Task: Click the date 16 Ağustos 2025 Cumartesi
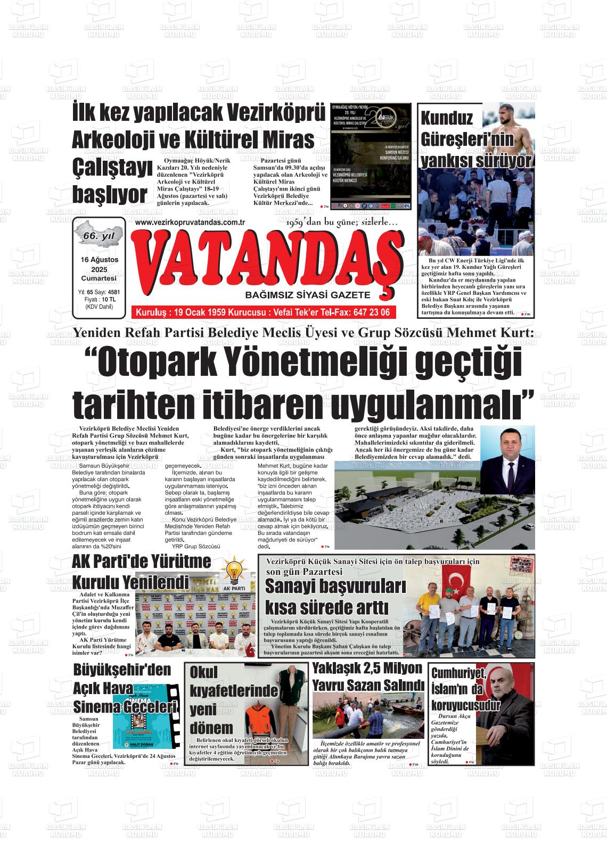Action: pyautogui.click(x=99, y=268)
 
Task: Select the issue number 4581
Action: pyautogui.click(x=113, y=292)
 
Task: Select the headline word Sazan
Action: pyautogui.click(x=367, y=685)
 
